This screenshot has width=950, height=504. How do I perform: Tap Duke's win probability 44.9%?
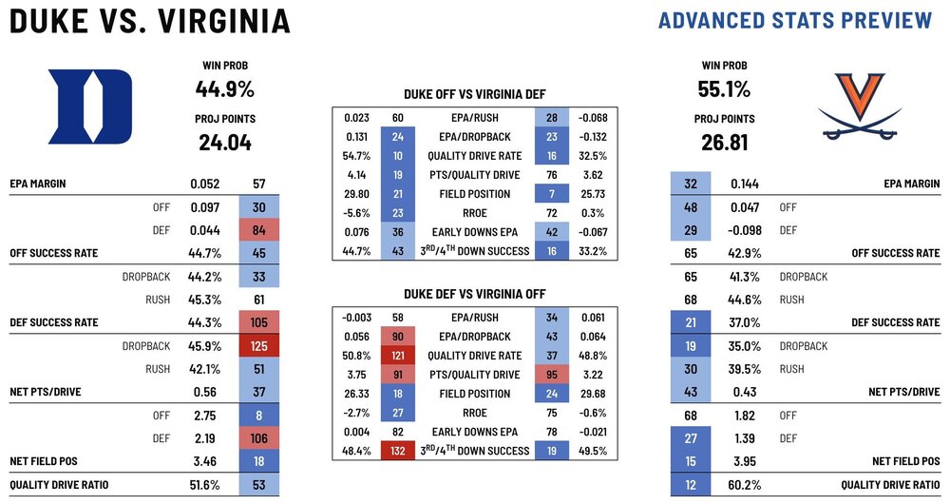pyautogui.click(x=226, y=89)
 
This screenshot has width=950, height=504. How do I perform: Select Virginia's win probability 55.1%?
pyautogui.click(x=725, y=89)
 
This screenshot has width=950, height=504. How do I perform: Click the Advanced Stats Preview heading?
pyautogui.click(x=795, y=20)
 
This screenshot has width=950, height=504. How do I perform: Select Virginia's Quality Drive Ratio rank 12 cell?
pyautogui.click(x=688, y=485)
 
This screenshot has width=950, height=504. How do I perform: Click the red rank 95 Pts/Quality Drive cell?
pyautogui.click(x=551, y=375)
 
